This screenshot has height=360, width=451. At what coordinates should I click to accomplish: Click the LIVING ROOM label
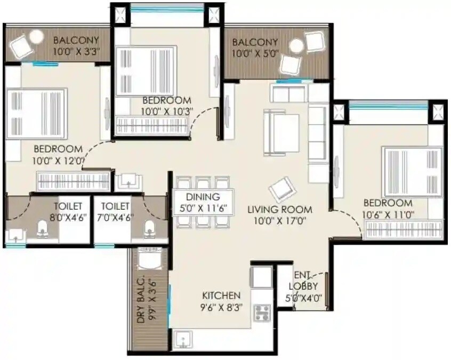click(x=280, y=210)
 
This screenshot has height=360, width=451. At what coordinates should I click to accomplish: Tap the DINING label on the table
click(x=203, y=197)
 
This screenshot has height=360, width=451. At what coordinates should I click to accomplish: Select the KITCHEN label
click(x=221, y=295)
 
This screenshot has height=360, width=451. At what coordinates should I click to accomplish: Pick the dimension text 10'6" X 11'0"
click(x=388, y=214)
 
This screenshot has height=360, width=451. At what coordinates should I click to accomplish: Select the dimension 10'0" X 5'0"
click(x=255, y=53)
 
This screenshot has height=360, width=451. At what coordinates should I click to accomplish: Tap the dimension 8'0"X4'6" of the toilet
click(x=68, y=217)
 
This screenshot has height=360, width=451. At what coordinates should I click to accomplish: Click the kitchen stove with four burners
click(x=262, y=312)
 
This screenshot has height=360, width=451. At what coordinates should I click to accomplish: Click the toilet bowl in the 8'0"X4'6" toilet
click(x=42, y=230)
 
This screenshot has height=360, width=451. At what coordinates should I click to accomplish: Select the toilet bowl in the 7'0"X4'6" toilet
click(x=150, y=230)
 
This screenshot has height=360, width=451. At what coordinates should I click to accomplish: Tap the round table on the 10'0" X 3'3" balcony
click(x=36, y=37)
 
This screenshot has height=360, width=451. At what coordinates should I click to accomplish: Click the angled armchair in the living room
click(x=280, y=188)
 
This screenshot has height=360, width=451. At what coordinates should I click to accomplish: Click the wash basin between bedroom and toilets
click(x=128, y=182)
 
